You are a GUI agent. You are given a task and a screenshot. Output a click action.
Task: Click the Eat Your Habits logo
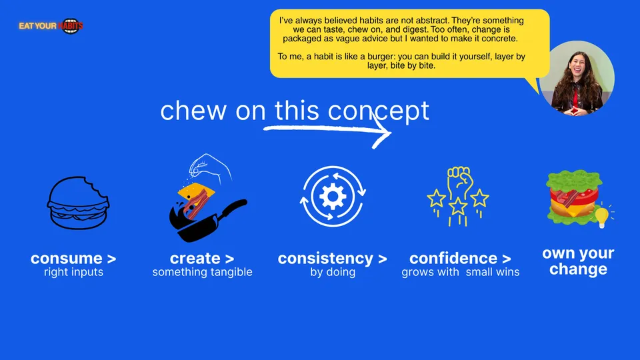pos(51,26)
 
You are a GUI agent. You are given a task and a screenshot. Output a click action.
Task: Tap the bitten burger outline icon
pos(78,203)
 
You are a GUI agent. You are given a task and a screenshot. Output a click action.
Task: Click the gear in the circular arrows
pos(333,196)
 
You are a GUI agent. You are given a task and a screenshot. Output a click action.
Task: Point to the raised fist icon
pos(459,181)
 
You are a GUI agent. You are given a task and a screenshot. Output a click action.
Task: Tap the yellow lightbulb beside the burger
pos(602,216)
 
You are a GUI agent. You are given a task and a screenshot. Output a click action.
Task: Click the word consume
pos(67,259)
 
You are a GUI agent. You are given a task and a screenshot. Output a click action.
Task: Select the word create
pos(195,259)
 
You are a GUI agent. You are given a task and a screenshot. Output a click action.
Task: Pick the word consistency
pos(325,259)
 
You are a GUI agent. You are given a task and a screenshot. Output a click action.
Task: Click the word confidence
pos(453,259)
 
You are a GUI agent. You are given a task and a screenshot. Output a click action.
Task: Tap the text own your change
pos(578,261)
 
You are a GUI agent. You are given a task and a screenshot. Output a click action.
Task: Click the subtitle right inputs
pos(73,272)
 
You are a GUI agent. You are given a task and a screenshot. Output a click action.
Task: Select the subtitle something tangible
pos(203,272)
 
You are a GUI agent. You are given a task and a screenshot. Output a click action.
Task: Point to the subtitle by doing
pos(333,272)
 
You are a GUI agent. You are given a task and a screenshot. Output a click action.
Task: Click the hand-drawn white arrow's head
pos(382,132)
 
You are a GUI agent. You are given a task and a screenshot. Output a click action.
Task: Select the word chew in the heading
pos(193,111)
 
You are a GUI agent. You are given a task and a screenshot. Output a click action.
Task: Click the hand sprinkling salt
pos(210,167)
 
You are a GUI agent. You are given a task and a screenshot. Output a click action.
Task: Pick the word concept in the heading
pos(379,111)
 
